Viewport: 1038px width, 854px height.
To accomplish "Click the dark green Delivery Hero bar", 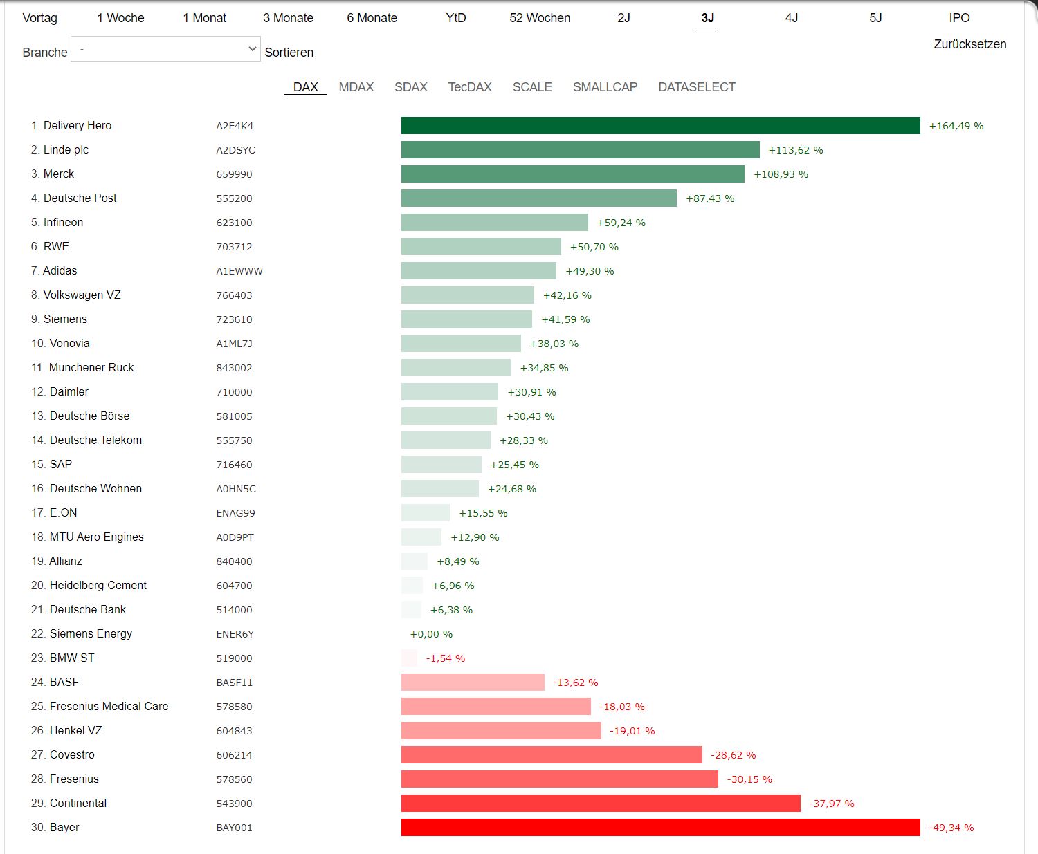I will coord(660,125).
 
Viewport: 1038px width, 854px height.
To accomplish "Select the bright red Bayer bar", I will coord(660,827).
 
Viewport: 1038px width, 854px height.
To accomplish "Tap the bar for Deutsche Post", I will coord(538,198).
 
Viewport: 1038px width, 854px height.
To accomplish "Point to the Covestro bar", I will coord(552,754).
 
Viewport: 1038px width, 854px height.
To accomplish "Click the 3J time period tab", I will coord(707,18).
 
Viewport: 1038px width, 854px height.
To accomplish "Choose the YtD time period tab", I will coord(456,18).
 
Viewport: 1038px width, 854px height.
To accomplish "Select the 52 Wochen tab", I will coord(540,18).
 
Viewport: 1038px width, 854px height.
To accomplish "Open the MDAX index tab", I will coord(356,87).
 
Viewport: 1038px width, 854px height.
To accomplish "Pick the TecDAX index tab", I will coord(470,87).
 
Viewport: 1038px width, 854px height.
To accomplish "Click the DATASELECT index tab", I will coord(696,87).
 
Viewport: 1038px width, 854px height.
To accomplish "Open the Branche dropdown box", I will coord(165,49).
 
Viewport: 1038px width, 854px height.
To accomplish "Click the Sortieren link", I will coord(289,53).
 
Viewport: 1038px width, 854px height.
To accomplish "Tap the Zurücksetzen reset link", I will coord(969,44).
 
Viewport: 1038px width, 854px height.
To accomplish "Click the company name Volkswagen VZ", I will coord(82,295).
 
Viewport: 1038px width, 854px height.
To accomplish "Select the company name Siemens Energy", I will coord(91,633).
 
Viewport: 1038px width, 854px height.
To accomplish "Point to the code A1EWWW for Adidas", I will coord(239,271).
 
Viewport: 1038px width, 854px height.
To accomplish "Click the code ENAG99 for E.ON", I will coord(235,513).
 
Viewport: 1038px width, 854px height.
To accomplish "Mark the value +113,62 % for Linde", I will coord(796,150).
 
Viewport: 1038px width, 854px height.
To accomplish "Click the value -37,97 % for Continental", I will coord(832,804).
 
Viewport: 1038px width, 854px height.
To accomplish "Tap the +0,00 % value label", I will coord(431,634).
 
